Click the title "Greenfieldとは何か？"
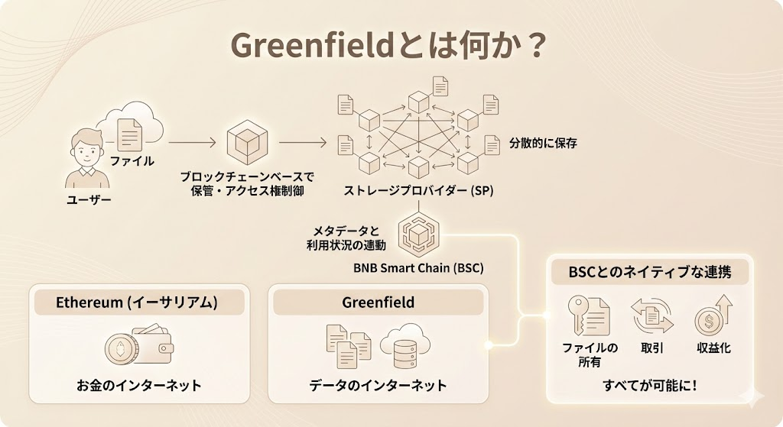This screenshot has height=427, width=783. coord(390,45)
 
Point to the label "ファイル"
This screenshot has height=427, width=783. coord(132,161)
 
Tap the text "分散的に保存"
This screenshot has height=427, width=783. coord(542,143)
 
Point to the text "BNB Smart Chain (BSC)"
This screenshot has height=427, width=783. coord(418,269)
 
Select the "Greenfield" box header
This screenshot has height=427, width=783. coord(378,302)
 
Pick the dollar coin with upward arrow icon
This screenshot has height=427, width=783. coord(713,315)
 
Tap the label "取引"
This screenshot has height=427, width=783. coord(651,348)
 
